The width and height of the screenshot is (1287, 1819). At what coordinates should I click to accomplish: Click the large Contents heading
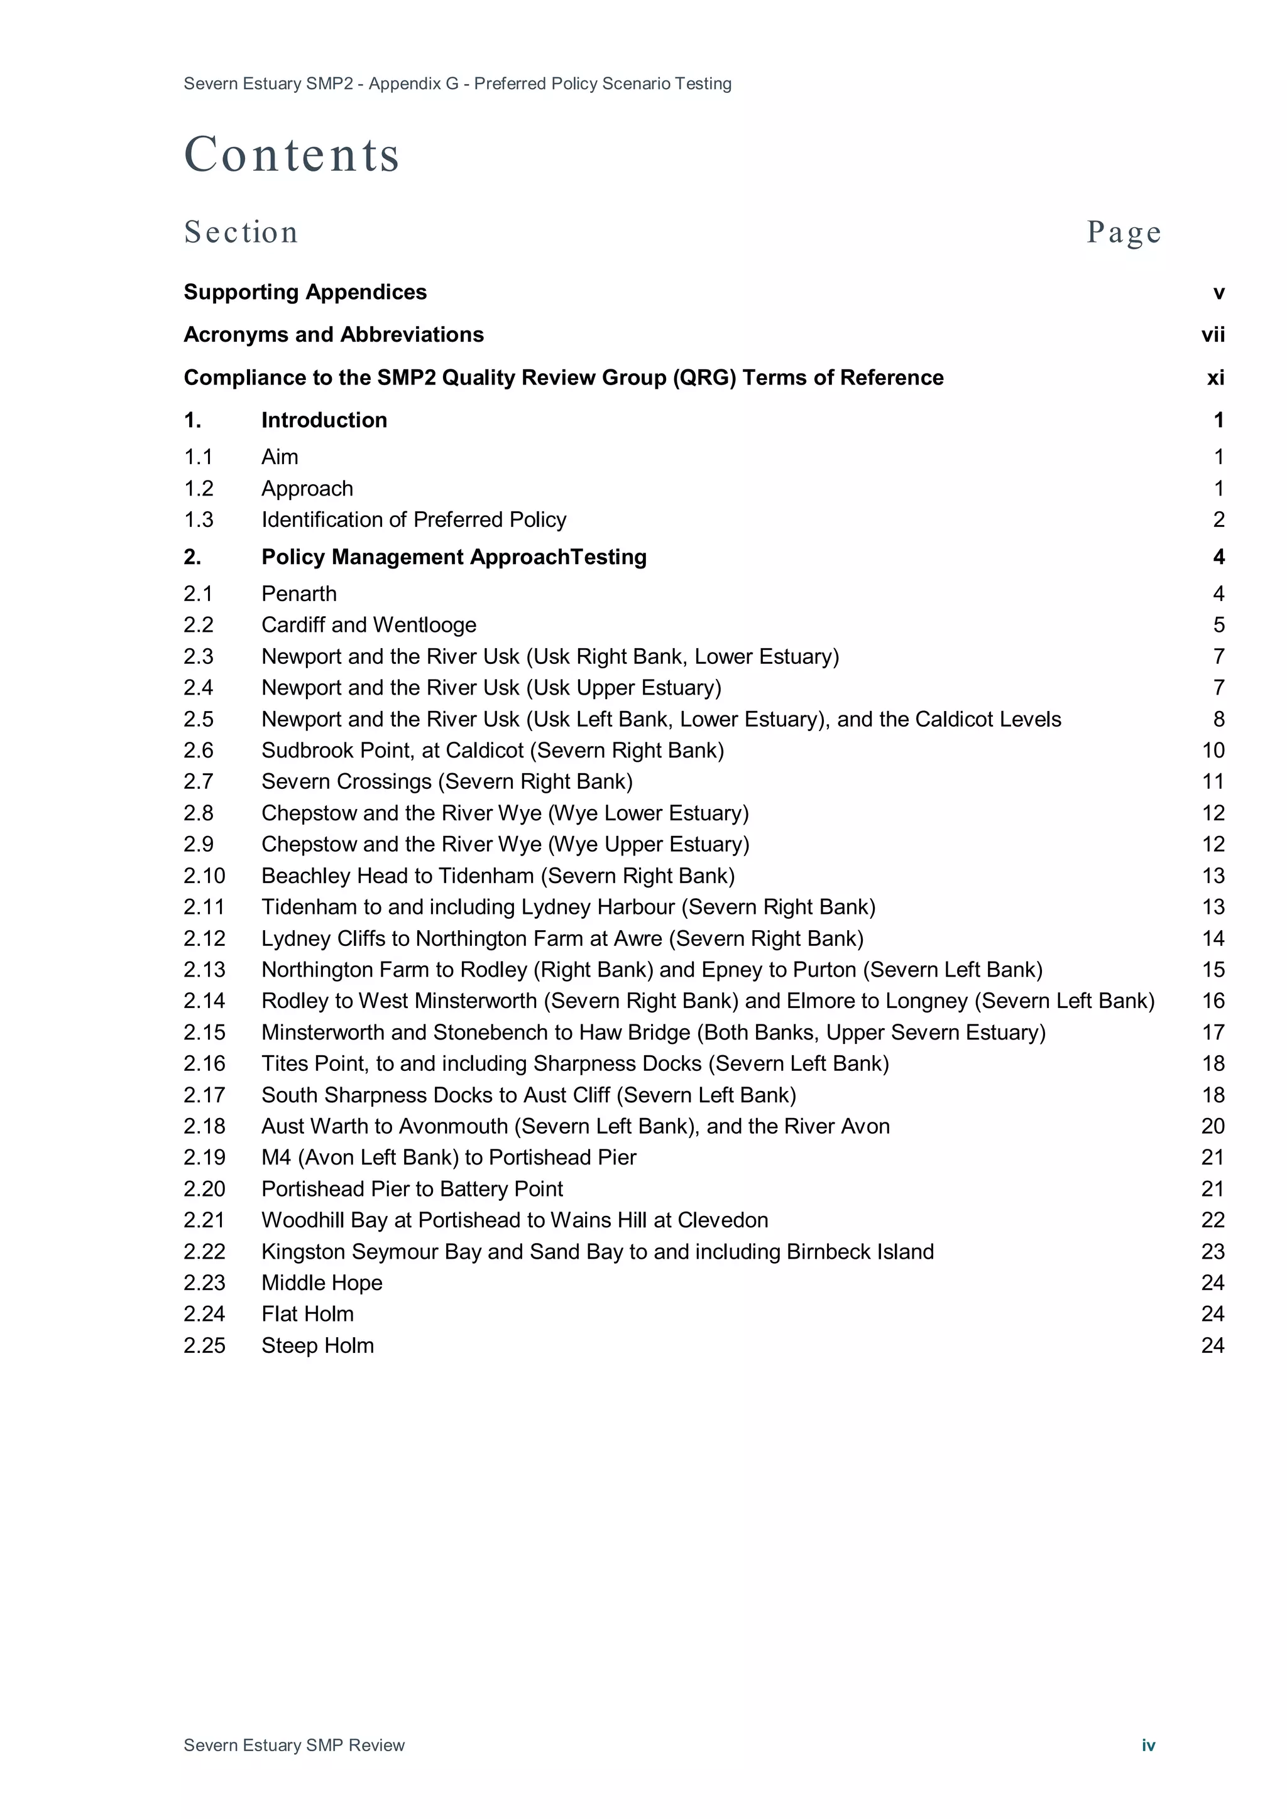pos(292,154)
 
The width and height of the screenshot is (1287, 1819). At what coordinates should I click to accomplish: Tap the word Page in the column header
pos(1123,232)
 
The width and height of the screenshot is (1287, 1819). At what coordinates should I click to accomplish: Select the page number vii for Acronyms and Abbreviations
pos(1212,335)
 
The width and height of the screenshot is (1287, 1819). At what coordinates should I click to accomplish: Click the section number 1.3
pos(199,519)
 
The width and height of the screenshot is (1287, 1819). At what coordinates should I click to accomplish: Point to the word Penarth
pos(298,594)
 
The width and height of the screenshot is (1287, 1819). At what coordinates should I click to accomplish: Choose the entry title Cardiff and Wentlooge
pos(368,625)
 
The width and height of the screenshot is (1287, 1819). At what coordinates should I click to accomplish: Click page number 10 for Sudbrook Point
pos(1212,750)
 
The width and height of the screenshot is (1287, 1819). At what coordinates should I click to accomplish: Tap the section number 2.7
pos(199,782)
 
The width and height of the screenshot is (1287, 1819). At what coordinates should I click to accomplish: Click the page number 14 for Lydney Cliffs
pos(1212,939)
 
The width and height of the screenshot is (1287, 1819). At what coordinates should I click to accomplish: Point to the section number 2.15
pos(204,1033)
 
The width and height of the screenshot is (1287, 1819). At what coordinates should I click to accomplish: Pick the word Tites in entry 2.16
pos(285,1064)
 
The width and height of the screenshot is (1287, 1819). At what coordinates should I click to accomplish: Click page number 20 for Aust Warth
pos(1212,1127)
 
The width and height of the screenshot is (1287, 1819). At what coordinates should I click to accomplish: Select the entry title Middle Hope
pos(322,1283)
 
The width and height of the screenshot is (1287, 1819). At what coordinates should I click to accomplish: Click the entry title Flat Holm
pos(307,1315)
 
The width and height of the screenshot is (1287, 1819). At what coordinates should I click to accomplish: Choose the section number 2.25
pos(204,1346)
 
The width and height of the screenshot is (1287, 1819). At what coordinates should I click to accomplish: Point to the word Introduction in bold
pos(324,421)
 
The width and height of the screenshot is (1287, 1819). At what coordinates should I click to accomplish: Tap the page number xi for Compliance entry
pos(1215,378)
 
